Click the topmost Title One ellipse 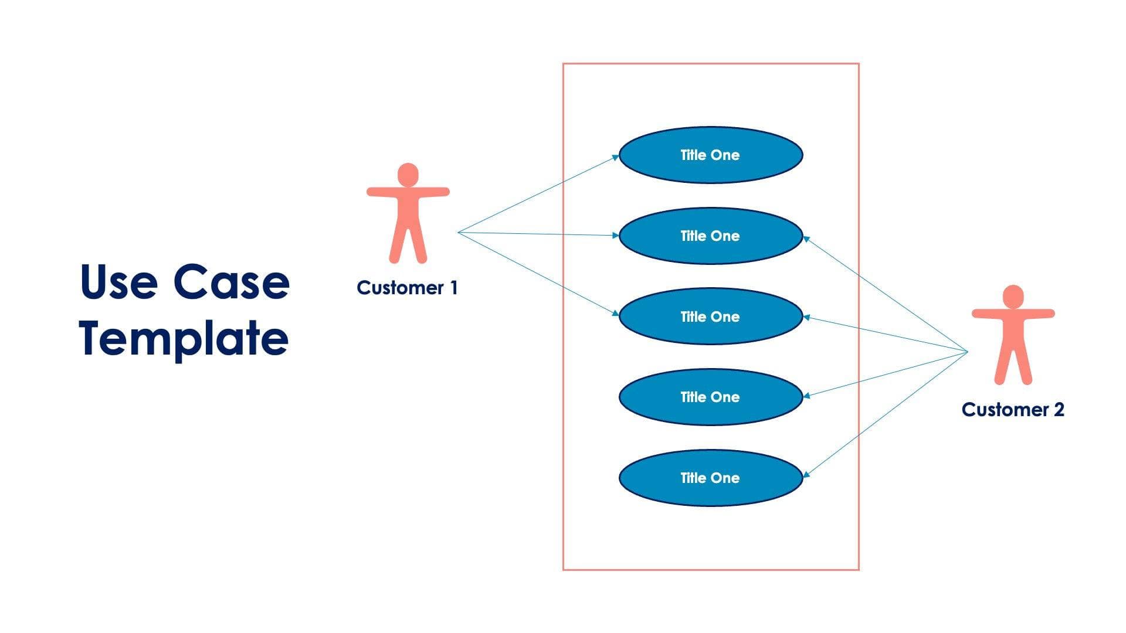point(710,155)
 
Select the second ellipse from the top point(710,236)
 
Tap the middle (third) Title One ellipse point(710,316)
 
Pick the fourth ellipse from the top point(710,397)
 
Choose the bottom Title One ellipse point(710,478)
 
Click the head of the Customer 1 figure point(408,175)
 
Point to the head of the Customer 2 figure point(1013,297)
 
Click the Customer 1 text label point(407,288)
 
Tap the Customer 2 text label point(1013,409)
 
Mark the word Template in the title point(184,338)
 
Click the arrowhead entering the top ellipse point(616,156)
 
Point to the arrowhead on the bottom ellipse point(806,474)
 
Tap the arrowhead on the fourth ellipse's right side point(806,396)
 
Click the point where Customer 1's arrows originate point(458,233)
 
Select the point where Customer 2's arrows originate point(967,352)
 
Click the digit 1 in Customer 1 point(453,288)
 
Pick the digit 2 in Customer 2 point(1059,409)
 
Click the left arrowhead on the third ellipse point(616,314)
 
